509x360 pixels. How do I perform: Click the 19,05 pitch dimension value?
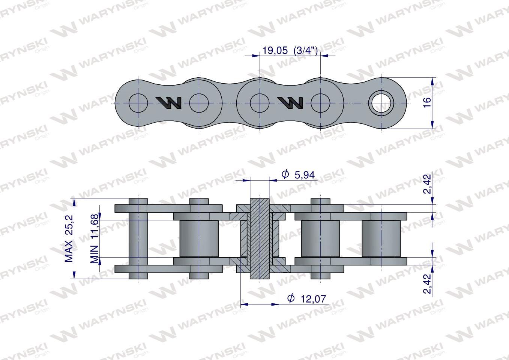tap(275, 50)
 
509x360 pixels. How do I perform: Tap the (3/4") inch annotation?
tap(306, 50)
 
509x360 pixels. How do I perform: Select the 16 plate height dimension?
tap(427, 102)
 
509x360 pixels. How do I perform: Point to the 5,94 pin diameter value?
tap(305, 175)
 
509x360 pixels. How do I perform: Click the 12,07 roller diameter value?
tap(313, 299)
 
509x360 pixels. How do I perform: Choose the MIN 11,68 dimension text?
tap(95, 238)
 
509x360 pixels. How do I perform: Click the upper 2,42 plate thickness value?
tap(427, 184)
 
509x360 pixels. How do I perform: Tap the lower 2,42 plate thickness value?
tap(427, 284)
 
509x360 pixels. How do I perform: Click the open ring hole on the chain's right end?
tap(381, 103)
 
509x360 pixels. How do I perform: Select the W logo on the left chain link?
tap(168, 103)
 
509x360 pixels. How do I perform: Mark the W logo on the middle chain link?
tap(290, 103)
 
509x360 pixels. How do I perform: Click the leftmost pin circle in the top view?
tap(138, 103)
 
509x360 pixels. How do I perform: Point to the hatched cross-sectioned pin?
tap(260, 239)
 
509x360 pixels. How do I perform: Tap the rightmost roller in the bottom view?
tap(381, 238)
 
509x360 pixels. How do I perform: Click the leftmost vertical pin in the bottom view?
tap(138, 239)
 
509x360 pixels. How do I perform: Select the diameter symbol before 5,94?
tap(285, 174)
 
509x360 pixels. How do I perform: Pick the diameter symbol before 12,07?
tap(291, 298)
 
